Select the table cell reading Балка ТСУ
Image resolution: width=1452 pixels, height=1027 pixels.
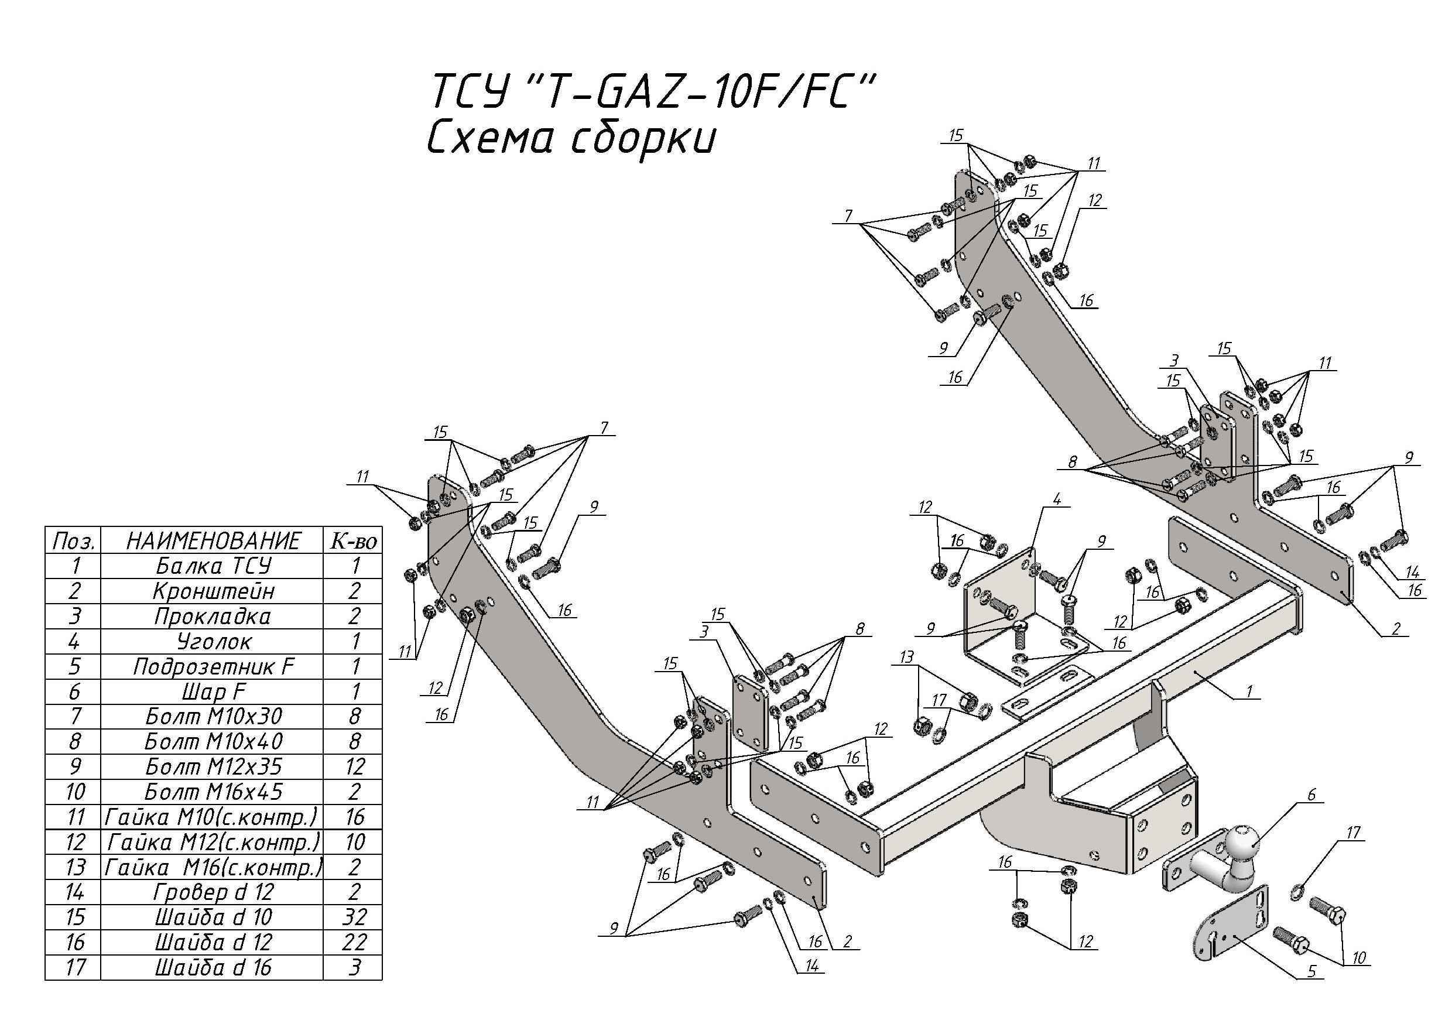[x=213, y=566]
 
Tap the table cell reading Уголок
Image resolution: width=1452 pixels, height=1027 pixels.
[x=213, y=641]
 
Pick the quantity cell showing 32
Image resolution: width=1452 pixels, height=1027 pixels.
[x=354, y=917]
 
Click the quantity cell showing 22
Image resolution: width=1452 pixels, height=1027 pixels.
[x=354, y=942]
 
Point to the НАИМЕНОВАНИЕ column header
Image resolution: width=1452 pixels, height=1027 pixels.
[x=213, y=540]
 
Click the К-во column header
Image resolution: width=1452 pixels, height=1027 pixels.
[x=354, y=540]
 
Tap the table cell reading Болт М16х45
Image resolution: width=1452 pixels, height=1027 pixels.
[x=213, y=792]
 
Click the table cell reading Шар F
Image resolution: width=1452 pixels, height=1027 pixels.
[x=213, y=691]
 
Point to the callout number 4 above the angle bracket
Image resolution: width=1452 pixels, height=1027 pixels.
[x=1056, y=499]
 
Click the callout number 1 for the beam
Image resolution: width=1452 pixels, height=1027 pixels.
[x=1248, y=691]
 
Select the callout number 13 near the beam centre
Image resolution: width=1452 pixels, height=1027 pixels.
[x=907, y=658]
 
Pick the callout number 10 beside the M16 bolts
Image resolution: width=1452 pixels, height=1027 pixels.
[x=1358, y=958]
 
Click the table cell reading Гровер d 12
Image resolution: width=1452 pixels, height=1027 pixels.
[x=213, y=892]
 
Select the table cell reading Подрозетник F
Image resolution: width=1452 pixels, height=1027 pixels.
[x=213, y=666]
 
